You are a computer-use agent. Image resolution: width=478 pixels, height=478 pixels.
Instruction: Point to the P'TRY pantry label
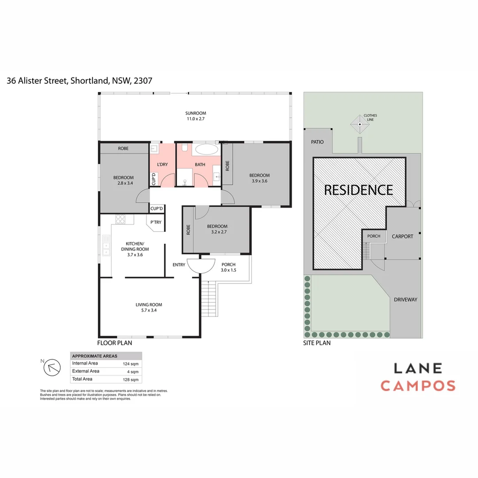pos(155,222)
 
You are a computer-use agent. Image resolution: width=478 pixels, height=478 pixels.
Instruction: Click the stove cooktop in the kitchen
pos(120,218)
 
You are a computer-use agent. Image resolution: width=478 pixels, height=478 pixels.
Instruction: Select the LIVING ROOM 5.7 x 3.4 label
pos(149,307)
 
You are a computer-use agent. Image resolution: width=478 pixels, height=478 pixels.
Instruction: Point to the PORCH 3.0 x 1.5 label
pos(228,267)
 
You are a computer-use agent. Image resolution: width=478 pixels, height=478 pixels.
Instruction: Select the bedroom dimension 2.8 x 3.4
pos(123,183)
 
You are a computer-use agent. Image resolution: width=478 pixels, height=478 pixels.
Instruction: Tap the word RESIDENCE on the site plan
pos(358,190)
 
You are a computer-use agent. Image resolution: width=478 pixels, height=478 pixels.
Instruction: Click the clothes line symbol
pos(360,125)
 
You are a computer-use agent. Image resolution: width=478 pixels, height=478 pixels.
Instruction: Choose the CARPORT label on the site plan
pos(402,236)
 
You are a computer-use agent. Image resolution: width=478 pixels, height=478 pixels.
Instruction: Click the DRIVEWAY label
pos(405,300)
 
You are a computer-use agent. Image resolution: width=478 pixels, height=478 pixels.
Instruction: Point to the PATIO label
pos(317,142)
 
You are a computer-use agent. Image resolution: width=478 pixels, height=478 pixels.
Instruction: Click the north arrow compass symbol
pos(54,366)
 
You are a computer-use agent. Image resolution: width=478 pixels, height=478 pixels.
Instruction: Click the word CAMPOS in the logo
pos(418,385)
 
